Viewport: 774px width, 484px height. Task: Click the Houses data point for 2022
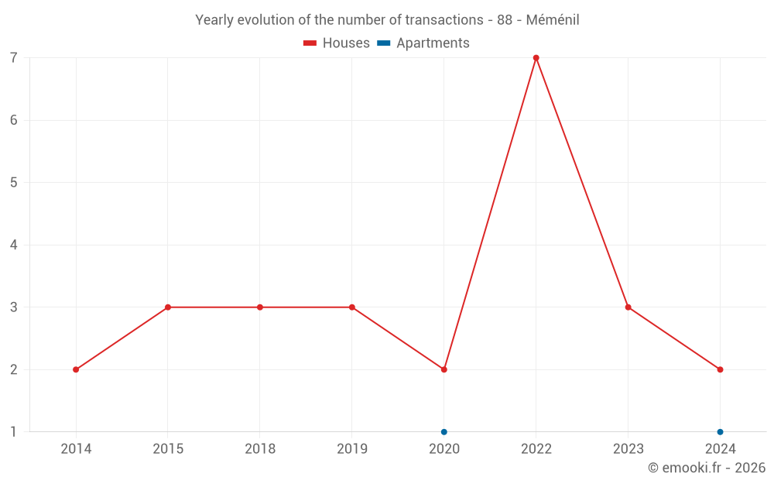click(536, 58)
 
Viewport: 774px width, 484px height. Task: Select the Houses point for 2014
click(76, 369)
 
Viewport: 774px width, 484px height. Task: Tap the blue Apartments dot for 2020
click(444, 431)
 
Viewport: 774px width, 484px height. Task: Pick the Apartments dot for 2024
click(720, 431)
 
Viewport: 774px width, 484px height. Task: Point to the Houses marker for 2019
click(352, 307)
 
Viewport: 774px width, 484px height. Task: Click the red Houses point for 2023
click(628, 307)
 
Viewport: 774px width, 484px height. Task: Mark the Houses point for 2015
click(168, 307)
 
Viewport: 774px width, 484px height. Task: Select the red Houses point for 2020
click(444, 369)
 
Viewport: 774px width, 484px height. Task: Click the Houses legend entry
click(337, 43)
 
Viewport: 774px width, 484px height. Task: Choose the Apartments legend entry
click(423, 43)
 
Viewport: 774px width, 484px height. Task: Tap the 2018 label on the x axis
click(260, 448)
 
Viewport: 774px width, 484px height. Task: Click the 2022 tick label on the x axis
click(536, 448)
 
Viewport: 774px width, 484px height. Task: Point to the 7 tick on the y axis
click(14, 58)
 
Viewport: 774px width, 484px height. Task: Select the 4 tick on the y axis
click(14, 245)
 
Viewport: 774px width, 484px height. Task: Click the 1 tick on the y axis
click(14, 431)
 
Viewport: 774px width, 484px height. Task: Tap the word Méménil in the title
click(553, 20)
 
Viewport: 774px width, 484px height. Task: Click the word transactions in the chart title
click(447, 20)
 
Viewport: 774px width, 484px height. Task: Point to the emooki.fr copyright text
click(707, 468)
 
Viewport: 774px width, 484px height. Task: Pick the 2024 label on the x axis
click(720, 448)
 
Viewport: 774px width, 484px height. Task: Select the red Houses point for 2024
click(720, 369)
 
